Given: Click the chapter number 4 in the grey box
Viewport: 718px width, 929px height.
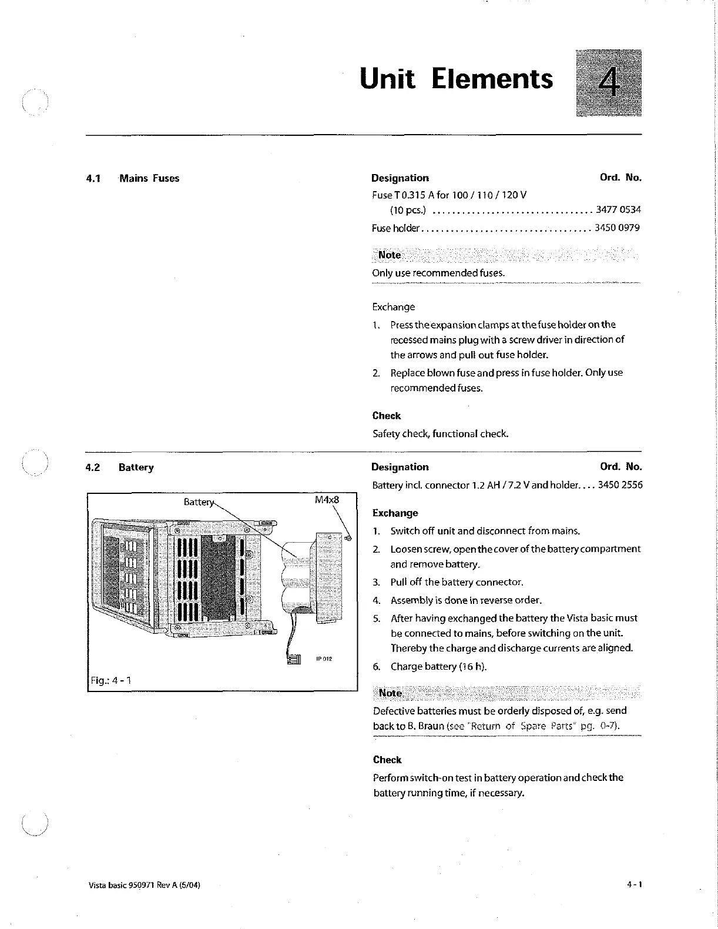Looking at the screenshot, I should pos(609,83).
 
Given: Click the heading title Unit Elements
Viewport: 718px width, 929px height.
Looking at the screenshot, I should pos(456,79).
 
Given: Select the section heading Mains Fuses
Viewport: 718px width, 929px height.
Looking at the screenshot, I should pos(149,178).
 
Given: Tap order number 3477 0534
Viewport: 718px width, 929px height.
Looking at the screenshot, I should pos(618,209).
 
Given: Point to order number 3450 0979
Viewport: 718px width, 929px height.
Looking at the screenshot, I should pos(617,228).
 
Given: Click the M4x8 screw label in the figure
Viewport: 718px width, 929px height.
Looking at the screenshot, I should pos(327,500).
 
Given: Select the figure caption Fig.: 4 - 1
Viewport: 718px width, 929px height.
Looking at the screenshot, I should pos(110,680).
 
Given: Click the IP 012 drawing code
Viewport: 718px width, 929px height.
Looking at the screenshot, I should pos(324,659).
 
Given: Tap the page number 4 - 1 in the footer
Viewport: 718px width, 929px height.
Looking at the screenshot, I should pos(634,884).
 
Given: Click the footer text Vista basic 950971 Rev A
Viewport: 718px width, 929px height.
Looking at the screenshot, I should pos(145,884).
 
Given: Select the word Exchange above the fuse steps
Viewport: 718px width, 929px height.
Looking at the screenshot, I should pos(393,307).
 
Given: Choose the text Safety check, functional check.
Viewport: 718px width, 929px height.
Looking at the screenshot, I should pos(440,434).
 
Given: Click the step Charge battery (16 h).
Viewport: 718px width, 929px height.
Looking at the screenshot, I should pos(438,666).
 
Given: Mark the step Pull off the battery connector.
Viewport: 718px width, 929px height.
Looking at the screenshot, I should pos(457,582).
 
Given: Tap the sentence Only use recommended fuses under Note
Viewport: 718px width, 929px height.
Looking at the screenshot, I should pos(438,273).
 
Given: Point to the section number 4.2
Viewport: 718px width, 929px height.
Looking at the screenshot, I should pos(93,467).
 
